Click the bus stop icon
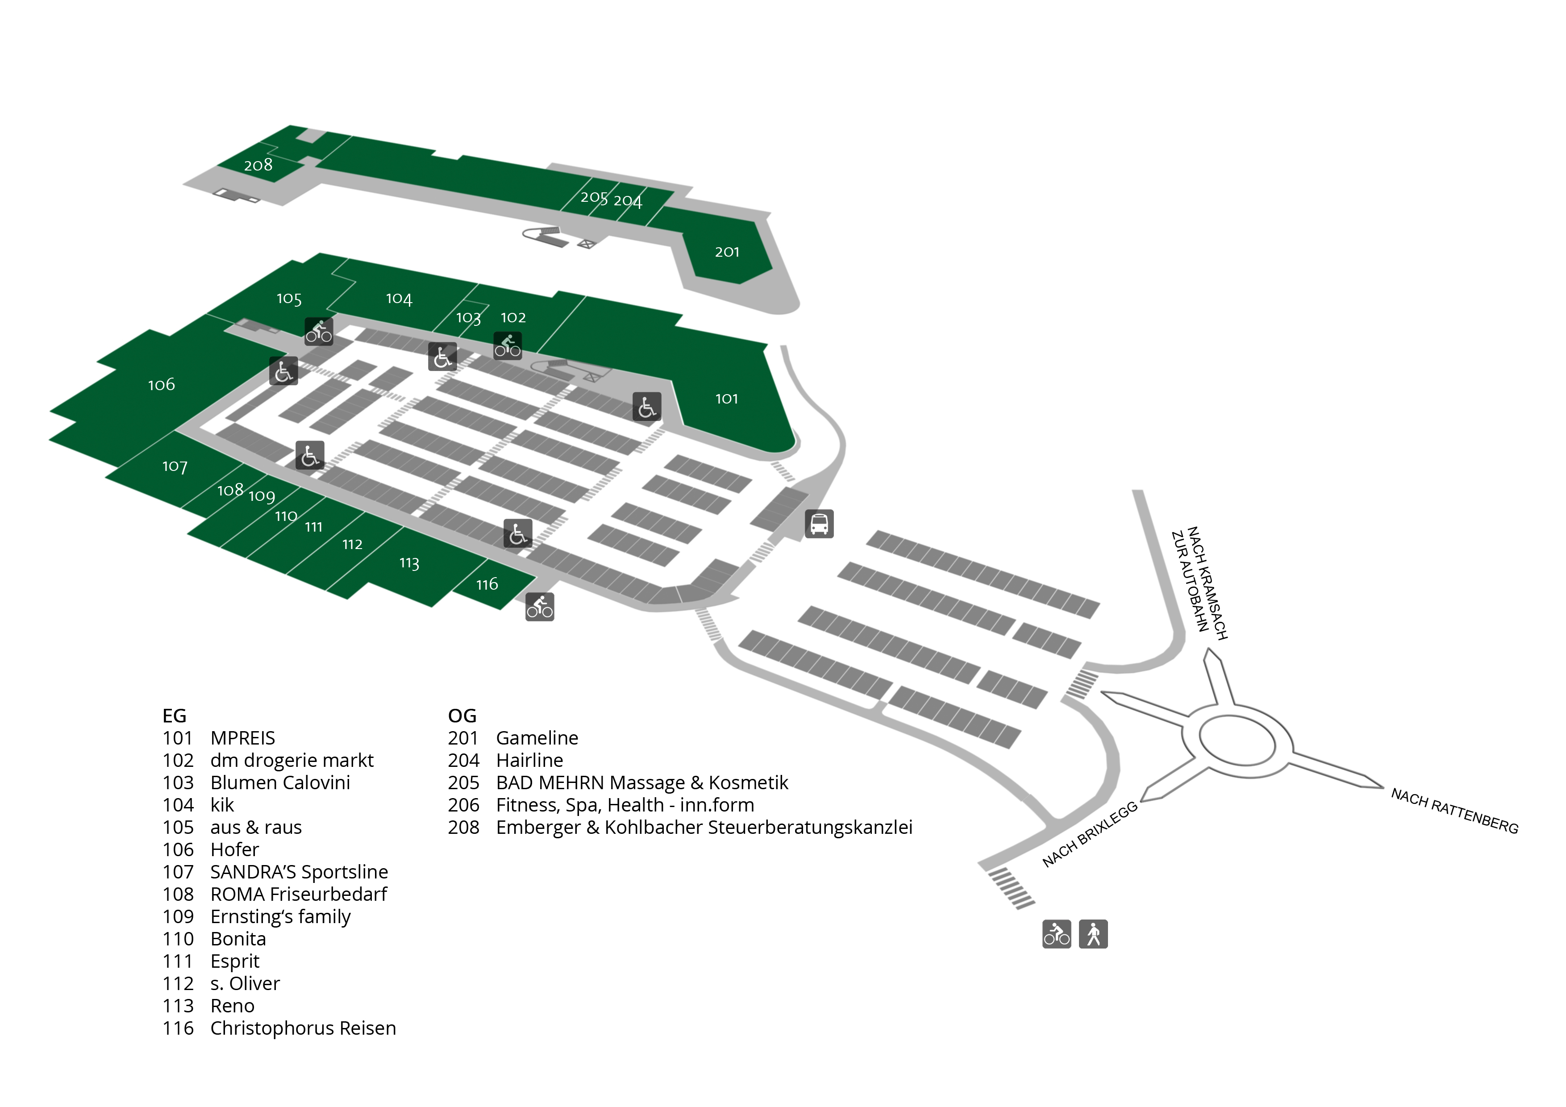[819, 524]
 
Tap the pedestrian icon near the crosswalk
[1093, 934]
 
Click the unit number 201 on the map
[727, 252]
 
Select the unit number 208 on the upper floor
[258, 165]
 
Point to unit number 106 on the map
[162, 385]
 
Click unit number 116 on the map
[487, 584]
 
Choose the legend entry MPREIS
[243, 738]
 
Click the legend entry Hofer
[235, 849]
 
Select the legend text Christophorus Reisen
[303, 1028]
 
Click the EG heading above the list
[174, 716]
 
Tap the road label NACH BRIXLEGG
[1090, 834]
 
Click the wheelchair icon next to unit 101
[646, 407]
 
